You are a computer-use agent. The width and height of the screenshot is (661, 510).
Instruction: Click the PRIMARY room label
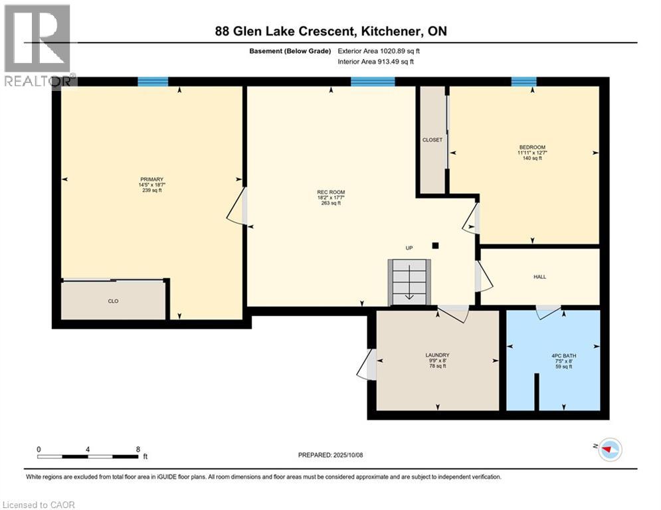[x=147, y=179]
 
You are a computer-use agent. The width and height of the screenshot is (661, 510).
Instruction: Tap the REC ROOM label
[x=330, y=193]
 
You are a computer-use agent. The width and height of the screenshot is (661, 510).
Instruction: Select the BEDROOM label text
[x=532, y=147]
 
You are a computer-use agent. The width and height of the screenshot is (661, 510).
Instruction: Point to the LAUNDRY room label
[x=437, y=355]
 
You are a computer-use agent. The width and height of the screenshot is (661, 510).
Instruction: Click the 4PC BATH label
[x=564, y=355]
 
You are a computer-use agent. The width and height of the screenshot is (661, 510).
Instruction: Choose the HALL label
[x=539, y=277]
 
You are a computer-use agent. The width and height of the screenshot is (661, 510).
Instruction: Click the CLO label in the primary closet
[x=113, y=301]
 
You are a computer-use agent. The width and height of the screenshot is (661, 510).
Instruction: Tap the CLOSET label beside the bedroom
[x=432, y=140]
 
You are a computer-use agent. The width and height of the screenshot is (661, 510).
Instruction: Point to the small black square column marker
[x=435, y=245]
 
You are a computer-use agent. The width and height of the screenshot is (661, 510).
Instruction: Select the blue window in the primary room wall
[x=153, y=82]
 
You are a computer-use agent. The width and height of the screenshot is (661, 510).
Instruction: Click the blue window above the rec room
[x=373, y=82]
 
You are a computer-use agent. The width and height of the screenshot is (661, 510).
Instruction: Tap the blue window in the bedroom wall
[x=523, y=82]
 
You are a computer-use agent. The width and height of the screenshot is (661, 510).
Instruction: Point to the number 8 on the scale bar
[x=137, y=449]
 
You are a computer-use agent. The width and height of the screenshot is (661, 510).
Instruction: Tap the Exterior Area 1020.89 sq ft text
[x=379, y=50]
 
